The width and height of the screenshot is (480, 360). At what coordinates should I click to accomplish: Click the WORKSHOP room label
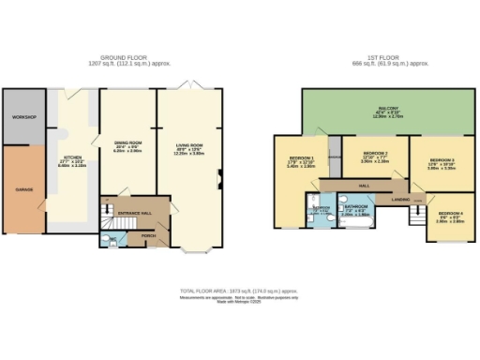coord(23,116)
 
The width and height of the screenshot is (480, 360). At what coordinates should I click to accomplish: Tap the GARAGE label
coord(23,190)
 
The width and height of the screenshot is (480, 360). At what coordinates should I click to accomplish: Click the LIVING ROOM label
coord(191,146)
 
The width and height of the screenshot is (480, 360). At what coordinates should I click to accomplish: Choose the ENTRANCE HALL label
coord(134,214)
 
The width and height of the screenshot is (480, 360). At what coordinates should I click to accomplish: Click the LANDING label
coord(400,200)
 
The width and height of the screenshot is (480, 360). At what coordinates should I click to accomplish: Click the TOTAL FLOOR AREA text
coord(239,292)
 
